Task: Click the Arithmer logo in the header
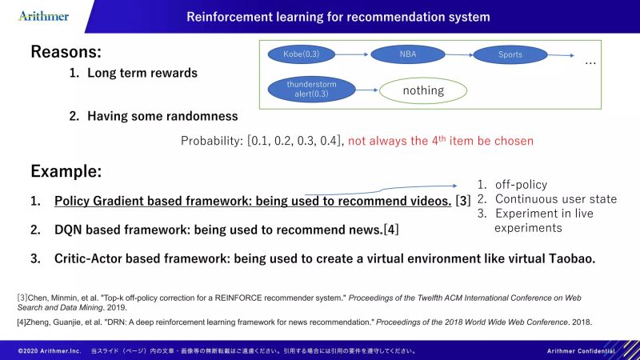pyautogui.click(x=44, y=16)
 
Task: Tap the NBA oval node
pyautogui.click(x=408, y=54)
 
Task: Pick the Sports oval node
pyautogui.click(x=510, y=54)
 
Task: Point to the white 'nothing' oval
pyautogui.click(x=422, y=90)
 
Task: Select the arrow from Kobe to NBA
pyautogui.click(x=357, y=54)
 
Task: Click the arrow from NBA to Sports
pyautogui.click(x=458, y=54)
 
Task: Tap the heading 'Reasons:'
pyautogui.click(x=66, y=52)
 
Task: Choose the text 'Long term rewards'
pyautogui.click(x=142, y=74)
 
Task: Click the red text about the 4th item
pyautogui.click(x=440, y=141)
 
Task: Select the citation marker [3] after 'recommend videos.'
pyautogui.click(x=463, y=202)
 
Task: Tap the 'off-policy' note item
pyautogui.click(x=521, y=185)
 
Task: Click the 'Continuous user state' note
pyautogui.click(x=555, y=199)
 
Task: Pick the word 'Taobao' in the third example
pyautogui.click(x=572, y=259)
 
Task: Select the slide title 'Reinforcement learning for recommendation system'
pyautogui.click(x=338, y=16)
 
